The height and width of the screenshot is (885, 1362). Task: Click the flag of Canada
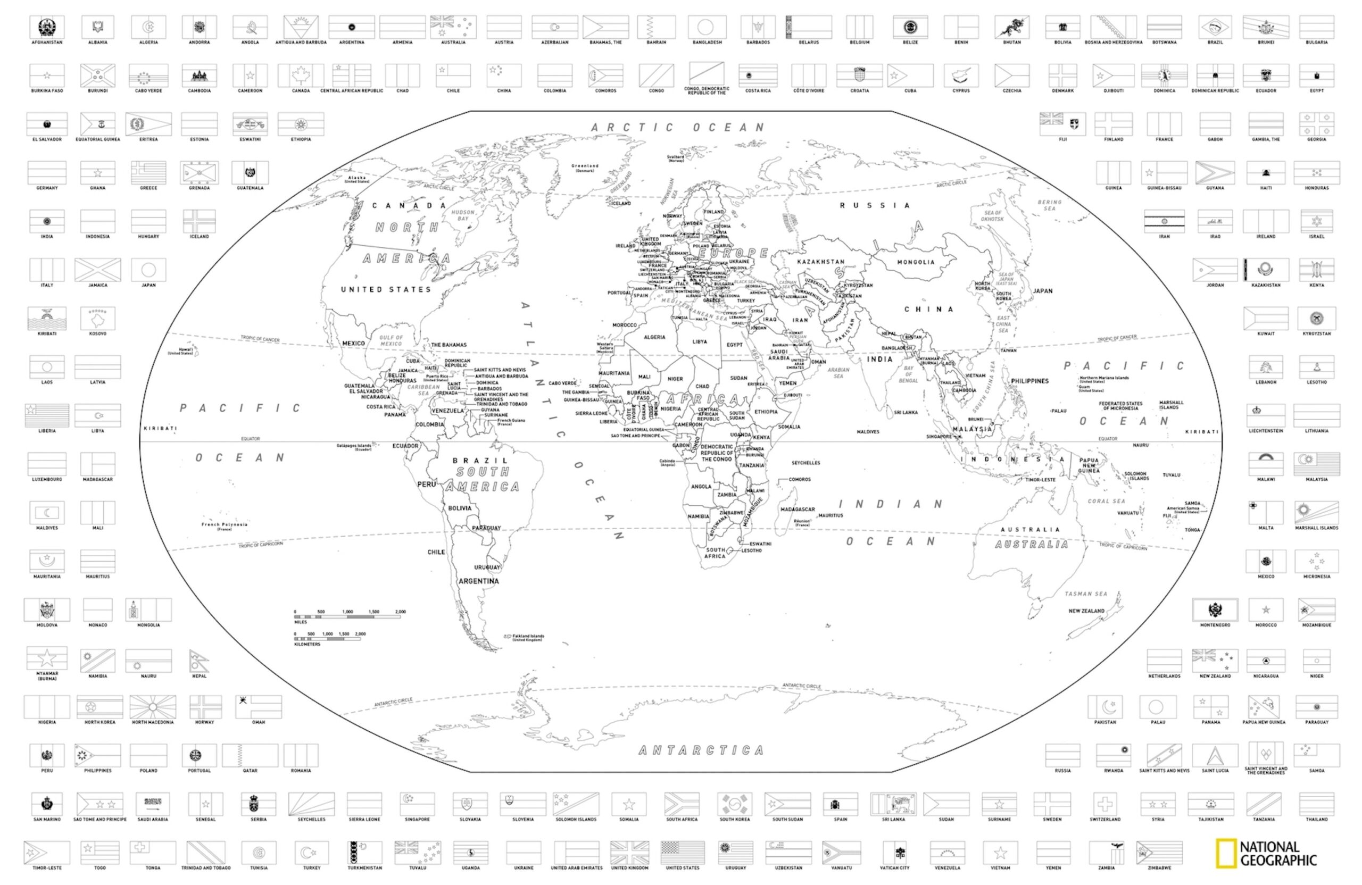pyautogui.click(x=301, y=76)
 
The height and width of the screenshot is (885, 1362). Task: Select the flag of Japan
pyautogui.click(x=148, y=270)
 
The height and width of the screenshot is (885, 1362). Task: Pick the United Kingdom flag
pyautogui.click(x=629, y=853)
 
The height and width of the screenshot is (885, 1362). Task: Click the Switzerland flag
pyautogui.click(x=1104, y=804)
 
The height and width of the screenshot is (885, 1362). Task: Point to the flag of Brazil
pyautogui.click(x=1215, y=27)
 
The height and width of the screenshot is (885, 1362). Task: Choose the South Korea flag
pyautogui.click(x=734, y=804)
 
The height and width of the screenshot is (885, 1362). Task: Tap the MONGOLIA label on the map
pyautogui.click(x=916, y=262)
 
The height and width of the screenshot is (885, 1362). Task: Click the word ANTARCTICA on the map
pyautogui.click(x=701, y=750)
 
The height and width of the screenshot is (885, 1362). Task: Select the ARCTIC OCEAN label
pyautogui.click(x=678, y=127)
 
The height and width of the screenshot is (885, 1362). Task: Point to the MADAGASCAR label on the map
pyautogui.click(x=797, y=509)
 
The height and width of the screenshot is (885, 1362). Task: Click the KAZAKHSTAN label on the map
pyautogui.click(x=820, y=262)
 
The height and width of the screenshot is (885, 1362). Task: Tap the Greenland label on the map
pyautogui.click(x=585, y=166)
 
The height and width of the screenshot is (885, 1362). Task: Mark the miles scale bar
pyautogui.click(x=350, y=617)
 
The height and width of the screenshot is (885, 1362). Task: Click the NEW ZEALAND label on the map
pyautogui.click(x=1086, y=611)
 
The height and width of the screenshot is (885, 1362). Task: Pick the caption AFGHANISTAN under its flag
pyautogui.click(x=47, y=43)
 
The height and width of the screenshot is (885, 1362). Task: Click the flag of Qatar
pyautogui.click(x=250, y=755)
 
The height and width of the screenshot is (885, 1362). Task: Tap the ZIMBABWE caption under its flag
pyautogui.click(x=1159, y=868)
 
